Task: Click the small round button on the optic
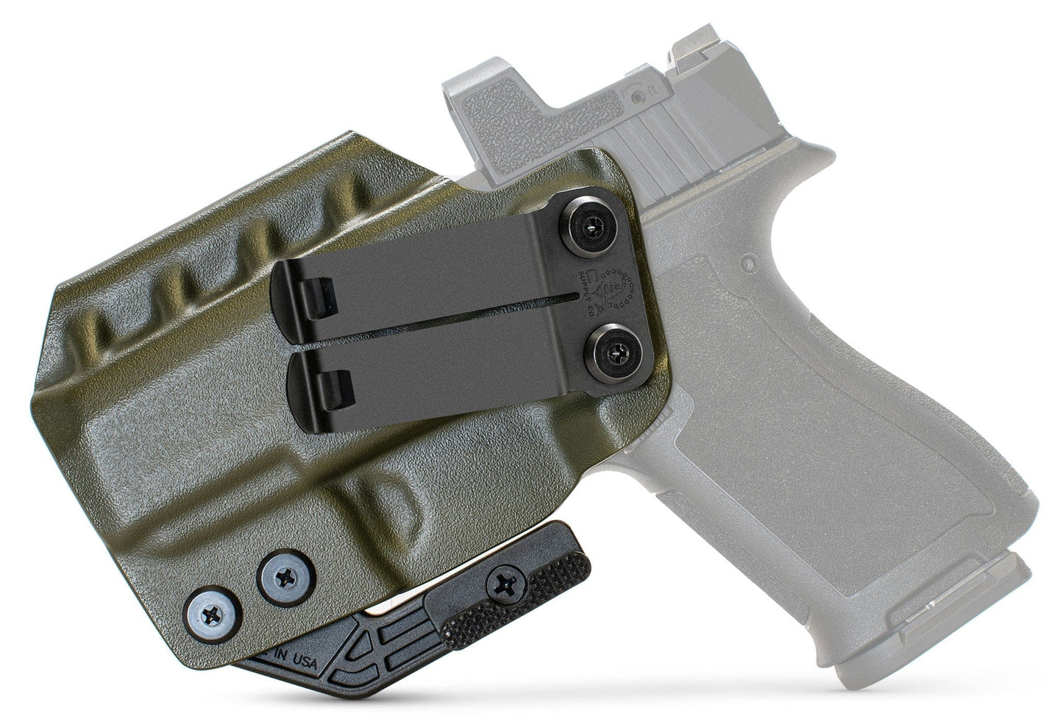click(x=636, y=93)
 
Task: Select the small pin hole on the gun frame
click(x=748, y=262)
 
